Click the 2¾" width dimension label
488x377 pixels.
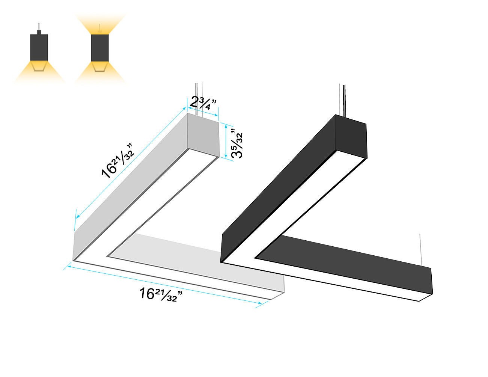click(x=203, y=103)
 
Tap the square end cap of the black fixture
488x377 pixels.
click(x=351, y=137)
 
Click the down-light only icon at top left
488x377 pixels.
click(x=39, y=53)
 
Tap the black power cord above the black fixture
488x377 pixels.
click(x=342, y=100)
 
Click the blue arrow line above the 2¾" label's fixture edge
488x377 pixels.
click(x=203, y=112)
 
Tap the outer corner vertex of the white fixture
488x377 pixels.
click(x=73, y=260)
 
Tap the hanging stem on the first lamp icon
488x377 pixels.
click(x=39, y=28)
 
